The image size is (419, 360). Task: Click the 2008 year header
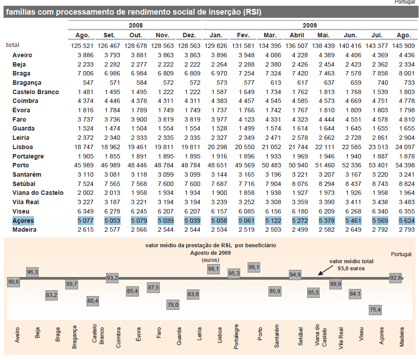click(136, 25)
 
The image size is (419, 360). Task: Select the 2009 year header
click(310, 25)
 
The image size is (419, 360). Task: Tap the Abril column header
click(297, 35)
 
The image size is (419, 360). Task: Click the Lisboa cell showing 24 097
click(405, 147)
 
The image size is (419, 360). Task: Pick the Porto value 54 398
click(405, 165)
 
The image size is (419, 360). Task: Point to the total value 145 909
click(403, 46)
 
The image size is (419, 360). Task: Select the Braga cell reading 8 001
click(407, 74)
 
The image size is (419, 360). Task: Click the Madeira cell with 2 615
click(86, 229)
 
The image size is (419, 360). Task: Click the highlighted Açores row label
click(23, 221)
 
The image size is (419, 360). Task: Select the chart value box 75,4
click(375, 310)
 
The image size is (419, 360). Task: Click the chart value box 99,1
click(253, 267)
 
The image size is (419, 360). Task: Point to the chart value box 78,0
click(173, 305)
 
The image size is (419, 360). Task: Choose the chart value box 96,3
click(32, 272)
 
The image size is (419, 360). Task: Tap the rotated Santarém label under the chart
click(277, 336)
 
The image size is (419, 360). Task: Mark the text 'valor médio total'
click(351, 261)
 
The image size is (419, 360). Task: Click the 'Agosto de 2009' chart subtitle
click(210, 253)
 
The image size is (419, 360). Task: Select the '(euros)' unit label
click(210, 260)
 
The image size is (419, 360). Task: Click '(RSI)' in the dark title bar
click(252, 12)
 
